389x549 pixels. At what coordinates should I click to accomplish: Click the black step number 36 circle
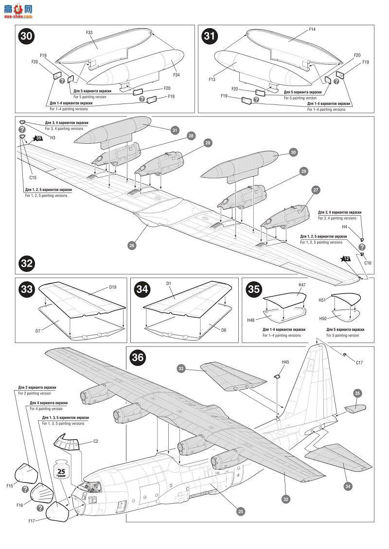click(x=138, y=358)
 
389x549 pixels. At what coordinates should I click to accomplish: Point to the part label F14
click(x=312, y=30)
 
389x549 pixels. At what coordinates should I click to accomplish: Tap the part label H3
click(x=53, y=138)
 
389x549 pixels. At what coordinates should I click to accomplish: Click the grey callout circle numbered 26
click(x=131, y=245)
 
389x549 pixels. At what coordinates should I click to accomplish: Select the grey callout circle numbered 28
click(x=191, y=136)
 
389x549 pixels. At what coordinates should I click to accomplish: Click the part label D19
click(x=112, y=287)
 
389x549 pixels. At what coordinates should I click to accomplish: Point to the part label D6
click(x=210, y=330)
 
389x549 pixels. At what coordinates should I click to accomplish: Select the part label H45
click(x=285, y=362)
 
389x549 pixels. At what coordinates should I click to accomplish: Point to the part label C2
click(x=96, y=442)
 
